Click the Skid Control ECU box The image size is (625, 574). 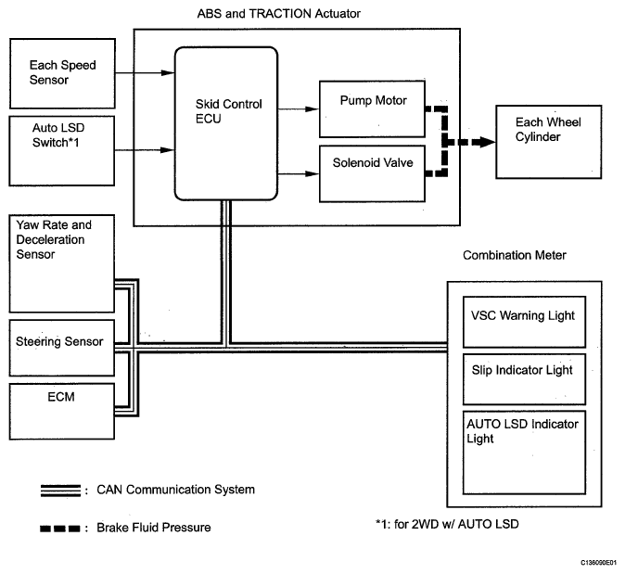(226, 123)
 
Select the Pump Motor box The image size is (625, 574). (373, 108)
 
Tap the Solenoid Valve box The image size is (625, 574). (373, 173)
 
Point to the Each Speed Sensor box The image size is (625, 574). (62, 71)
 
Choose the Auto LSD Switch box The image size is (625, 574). (62, 149)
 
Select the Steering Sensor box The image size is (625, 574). (62, 342)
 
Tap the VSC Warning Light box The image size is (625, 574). (525, 321)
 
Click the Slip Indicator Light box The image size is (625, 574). (525, 377)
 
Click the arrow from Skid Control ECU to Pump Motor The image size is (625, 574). (299, 108)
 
